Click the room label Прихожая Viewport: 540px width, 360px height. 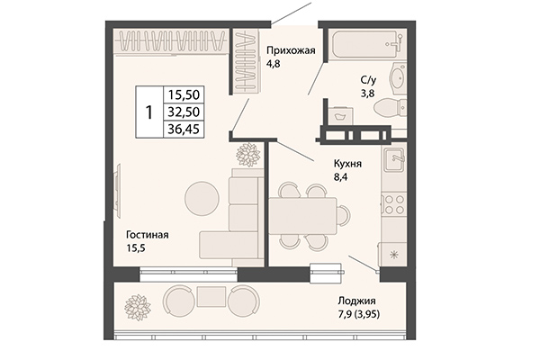point(291,50)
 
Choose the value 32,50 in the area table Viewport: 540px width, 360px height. point(183,112)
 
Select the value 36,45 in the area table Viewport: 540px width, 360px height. point(183,130)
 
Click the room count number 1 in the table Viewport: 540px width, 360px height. point(148,112)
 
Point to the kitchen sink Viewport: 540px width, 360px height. point(393,161)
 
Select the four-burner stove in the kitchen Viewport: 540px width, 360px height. point(393,204)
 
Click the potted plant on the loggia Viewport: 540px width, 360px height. point(136,301)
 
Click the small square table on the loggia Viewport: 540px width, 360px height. point(210,296)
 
